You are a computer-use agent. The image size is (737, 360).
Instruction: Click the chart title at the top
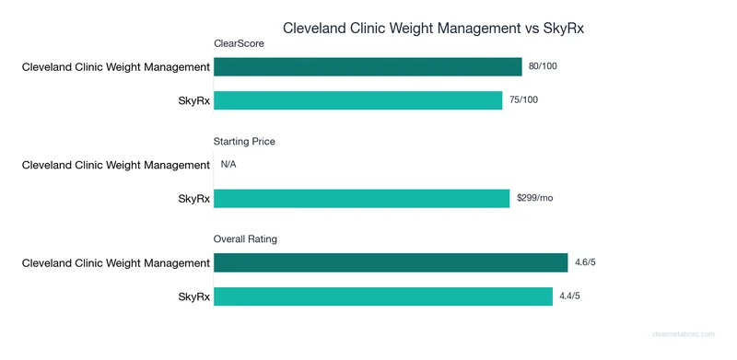(433, 28)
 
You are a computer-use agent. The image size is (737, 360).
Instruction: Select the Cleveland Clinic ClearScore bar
(368, 66)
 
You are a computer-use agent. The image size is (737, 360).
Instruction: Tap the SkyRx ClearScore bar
(357, 99)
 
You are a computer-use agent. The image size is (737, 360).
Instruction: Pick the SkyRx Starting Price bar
(361, 198)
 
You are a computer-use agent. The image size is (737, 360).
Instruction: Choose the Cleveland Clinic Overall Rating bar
(391, 263)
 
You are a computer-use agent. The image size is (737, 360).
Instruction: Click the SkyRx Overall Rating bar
(382, 296)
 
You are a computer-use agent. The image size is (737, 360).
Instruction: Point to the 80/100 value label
(543, 66)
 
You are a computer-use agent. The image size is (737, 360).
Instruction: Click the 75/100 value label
(523, 99)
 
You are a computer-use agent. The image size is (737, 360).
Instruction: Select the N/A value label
(228, 165)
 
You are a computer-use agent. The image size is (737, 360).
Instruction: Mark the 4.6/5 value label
(585, 263)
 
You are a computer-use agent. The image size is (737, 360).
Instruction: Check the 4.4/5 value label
(570, 296)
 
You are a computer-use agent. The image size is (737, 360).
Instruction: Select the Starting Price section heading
(244, 142)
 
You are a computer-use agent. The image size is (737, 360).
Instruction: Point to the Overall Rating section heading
(246, 239)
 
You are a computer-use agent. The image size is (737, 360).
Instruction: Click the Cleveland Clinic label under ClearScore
(116, 66)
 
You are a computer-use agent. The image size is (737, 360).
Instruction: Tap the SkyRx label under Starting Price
(193, 198)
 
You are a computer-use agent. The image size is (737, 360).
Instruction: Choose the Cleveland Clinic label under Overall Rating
(116, 263)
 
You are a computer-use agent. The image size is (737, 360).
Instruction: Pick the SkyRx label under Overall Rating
(193, 296)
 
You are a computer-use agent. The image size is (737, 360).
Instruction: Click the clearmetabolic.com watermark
(687, 337)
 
